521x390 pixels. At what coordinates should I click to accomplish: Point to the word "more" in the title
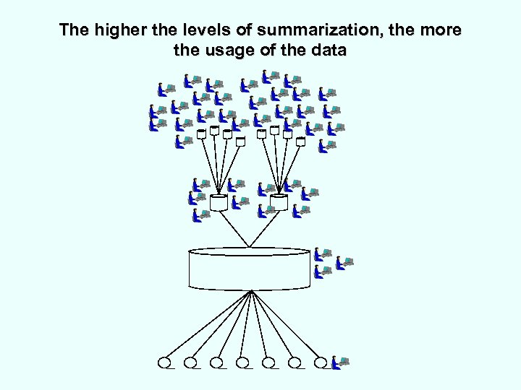coord(442,31)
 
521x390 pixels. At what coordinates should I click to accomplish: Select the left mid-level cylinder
coord(219,202)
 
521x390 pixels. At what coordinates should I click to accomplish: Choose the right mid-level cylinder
coord(279,202)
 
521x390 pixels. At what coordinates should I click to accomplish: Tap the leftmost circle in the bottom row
coord(165,362)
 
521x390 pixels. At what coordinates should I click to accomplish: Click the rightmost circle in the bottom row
coord(321,362)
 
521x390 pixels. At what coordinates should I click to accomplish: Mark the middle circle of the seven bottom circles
coord(242,362)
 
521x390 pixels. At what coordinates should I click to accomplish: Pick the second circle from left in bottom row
coord(191,362)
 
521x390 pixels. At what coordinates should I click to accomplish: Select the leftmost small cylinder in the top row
coord(201,134)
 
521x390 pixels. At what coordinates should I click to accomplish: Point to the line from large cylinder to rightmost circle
coord(287,325)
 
